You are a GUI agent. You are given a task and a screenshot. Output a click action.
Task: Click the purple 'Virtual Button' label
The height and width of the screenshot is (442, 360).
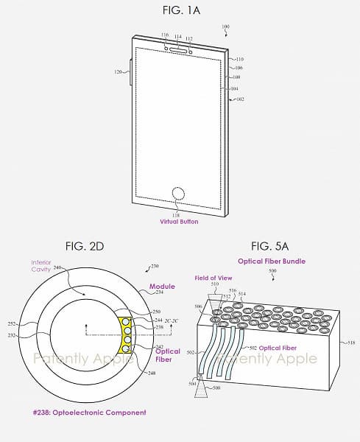click(180, 221)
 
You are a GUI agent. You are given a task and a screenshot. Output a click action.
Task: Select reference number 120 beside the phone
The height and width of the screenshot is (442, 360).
click(117, 72)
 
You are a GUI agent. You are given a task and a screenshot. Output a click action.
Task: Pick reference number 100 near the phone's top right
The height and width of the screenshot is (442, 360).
click(225, 27)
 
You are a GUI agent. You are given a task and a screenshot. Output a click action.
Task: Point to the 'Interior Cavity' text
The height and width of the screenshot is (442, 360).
click(41, 266)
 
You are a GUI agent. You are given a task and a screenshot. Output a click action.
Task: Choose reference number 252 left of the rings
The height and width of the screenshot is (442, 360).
click(11, 324)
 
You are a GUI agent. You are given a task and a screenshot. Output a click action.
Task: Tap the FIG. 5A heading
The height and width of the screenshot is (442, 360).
click(272, 245)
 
